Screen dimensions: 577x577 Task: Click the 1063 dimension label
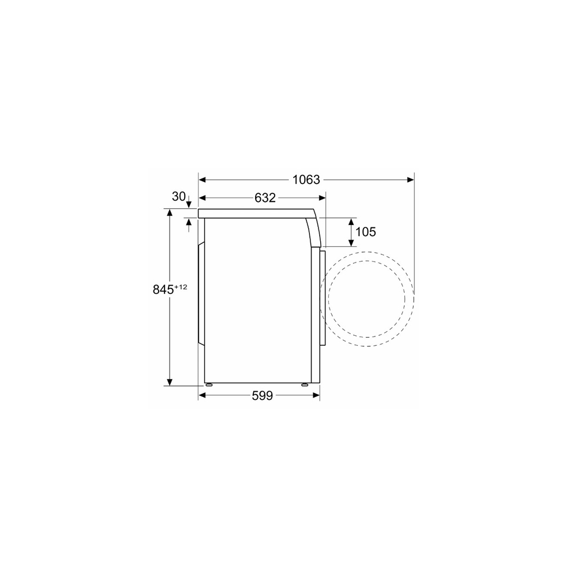[306, 179]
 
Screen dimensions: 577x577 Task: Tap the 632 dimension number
[265, 198]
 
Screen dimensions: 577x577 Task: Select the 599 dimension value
[263, 396]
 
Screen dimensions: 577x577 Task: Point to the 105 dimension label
[366, 232]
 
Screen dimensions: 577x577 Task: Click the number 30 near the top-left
[178, 197]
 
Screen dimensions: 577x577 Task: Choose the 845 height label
[163, 290]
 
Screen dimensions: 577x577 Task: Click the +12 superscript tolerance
[181, 287]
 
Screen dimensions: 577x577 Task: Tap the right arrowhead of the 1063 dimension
[411, 179]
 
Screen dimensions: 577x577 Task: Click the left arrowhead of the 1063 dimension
[202, 179]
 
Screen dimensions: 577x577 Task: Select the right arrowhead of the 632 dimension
[323, 198]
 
